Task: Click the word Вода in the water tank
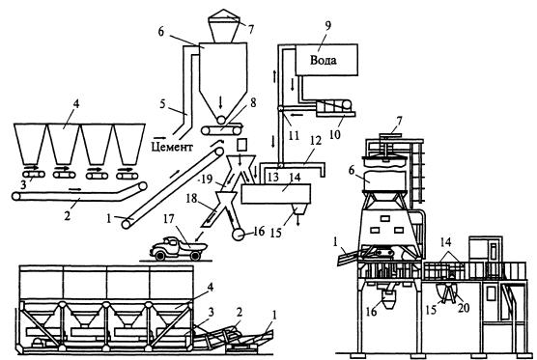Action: tap(323, 60)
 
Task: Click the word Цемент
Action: tap(172, 148)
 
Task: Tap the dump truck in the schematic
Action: tap(178, 248)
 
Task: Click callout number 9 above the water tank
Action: tap(327, 27)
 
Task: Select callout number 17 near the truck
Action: tap(168, 219)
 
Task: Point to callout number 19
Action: tap(207, 180)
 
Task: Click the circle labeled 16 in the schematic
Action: tap(238, 234)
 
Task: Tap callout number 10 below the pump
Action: tap(334, 134)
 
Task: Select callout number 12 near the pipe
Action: tap(316, 140)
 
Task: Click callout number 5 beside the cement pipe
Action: tap(162, 104)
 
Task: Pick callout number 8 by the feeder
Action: tap(253, 102)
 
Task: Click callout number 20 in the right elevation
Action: tap(464, 308)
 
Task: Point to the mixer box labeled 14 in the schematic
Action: tap(275, 194)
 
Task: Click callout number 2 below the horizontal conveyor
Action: tap(68, 215)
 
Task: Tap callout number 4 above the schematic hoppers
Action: tap(75, 104)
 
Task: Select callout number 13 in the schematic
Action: tap(272, 178)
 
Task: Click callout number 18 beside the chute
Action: tap(192, 199)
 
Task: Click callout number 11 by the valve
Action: tap(294, 135)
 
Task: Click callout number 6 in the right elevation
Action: tap(352, 171)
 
